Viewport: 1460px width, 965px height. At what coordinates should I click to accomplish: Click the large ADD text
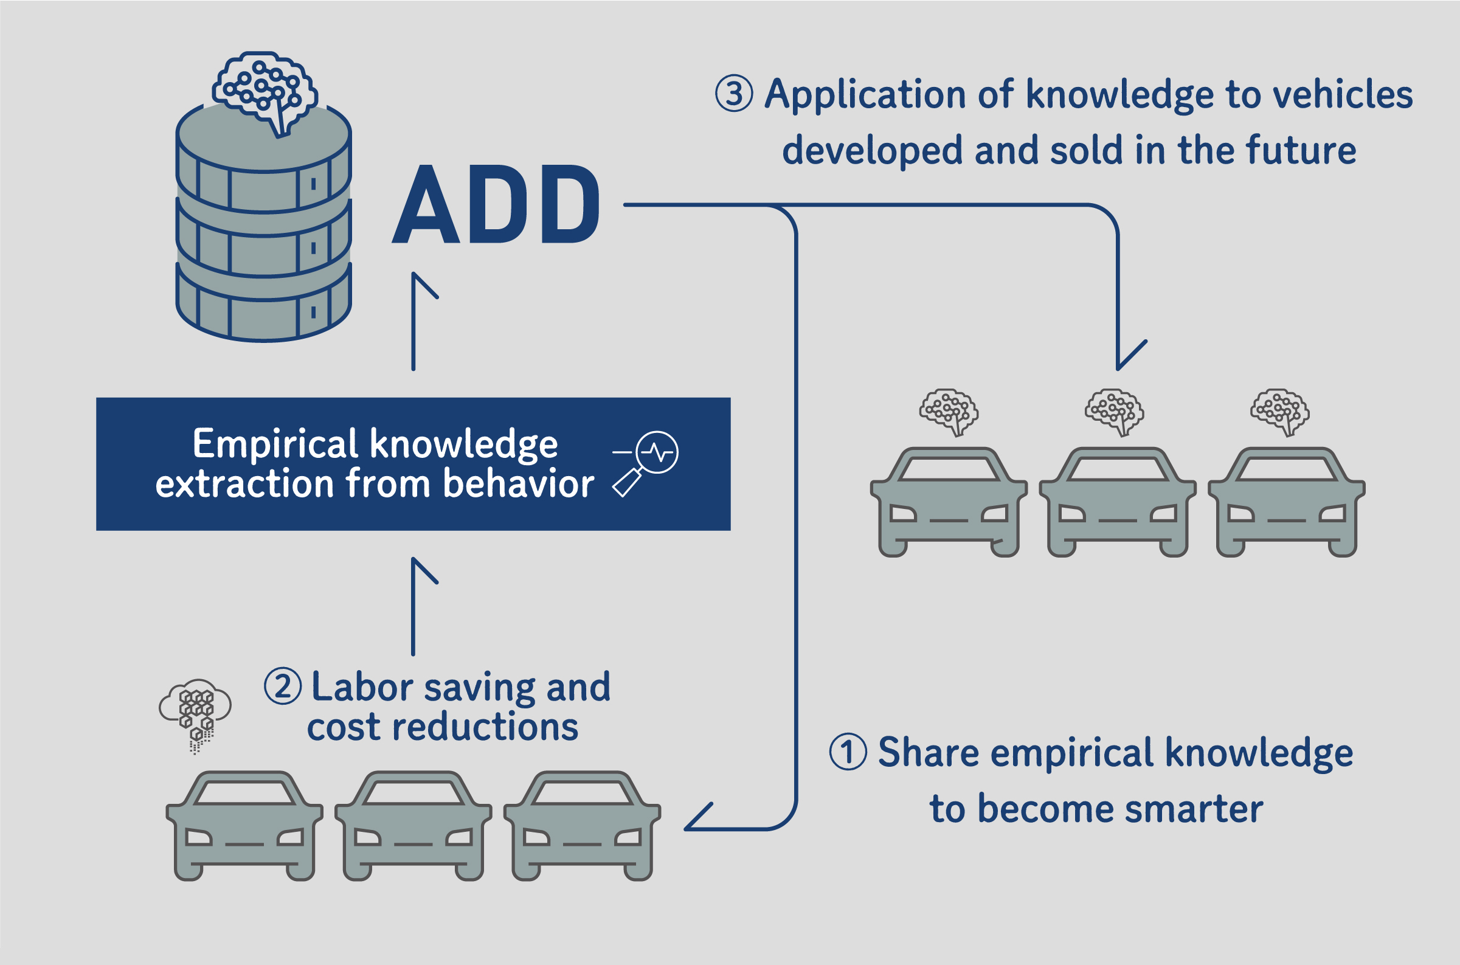click(496, 204)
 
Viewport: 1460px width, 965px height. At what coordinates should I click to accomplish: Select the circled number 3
click(734, 94)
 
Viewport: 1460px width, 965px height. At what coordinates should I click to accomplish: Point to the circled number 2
click(283, 687)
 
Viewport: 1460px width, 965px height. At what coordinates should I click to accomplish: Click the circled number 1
click(848, 752)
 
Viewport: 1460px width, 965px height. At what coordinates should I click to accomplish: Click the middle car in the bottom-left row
click(413, 826)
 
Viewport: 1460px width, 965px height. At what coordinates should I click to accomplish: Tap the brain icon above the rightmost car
click(1280, 412)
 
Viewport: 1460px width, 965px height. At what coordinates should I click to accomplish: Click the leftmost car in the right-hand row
click(949, 502)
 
